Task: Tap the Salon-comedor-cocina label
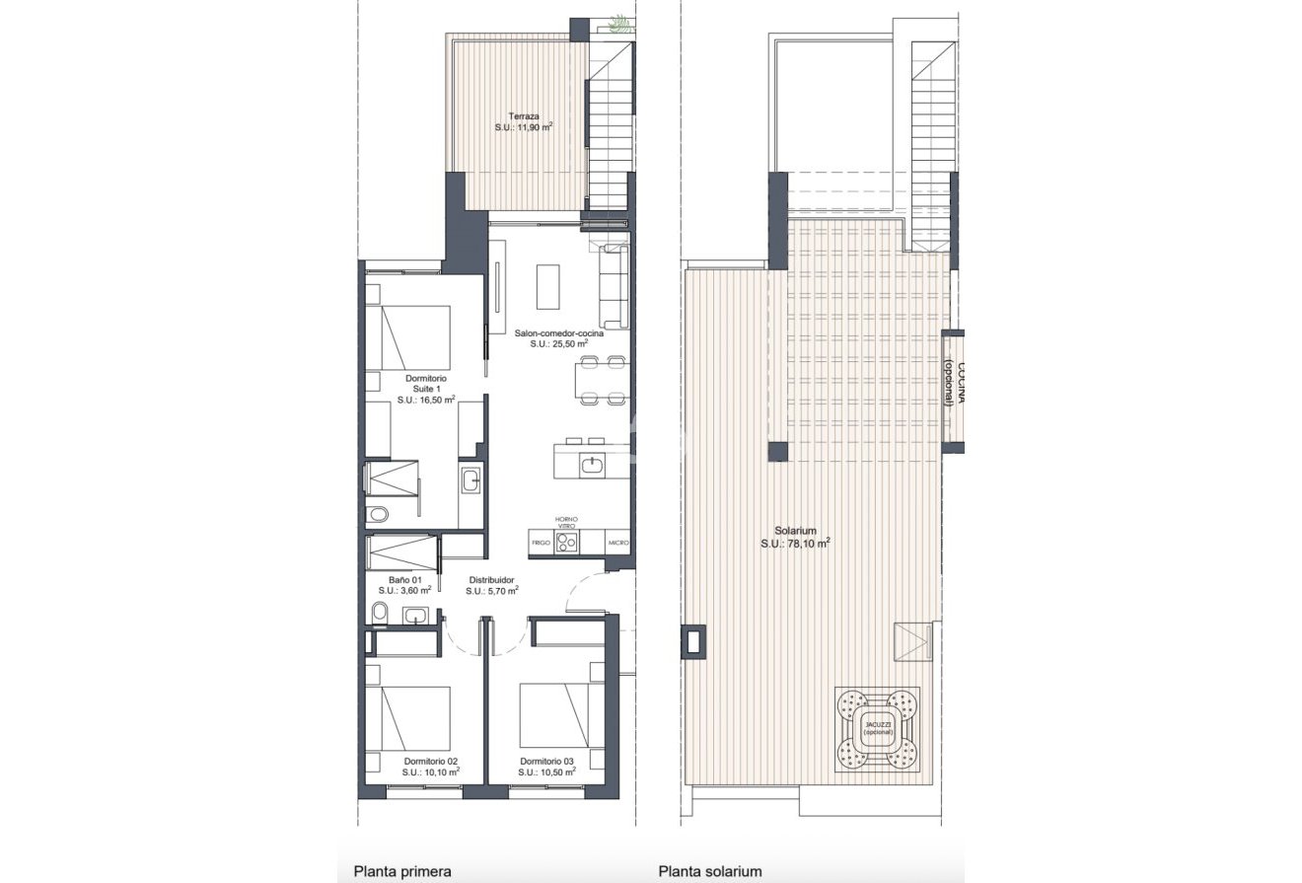[x=558, y=333]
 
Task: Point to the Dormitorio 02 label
[x=431, y=761]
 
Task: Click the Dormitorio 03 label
[x=546, y=761]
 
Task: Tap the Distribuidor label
[x=491, y=580]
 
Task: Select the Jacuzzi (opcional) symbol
[x=877, y=728]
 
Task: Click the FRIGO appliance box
[x=541, y=543]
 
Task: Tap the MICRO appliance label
[x=618, y=543]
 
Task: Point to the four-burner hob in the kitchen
[x=566, y=543]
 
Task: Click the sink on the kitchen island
[x=592, y=463]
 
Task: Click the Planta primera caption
[x=402, y=871]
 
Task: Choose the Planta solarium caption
[x=710, y=871]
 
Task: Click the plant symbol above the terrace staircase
[x=619, y=23]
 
